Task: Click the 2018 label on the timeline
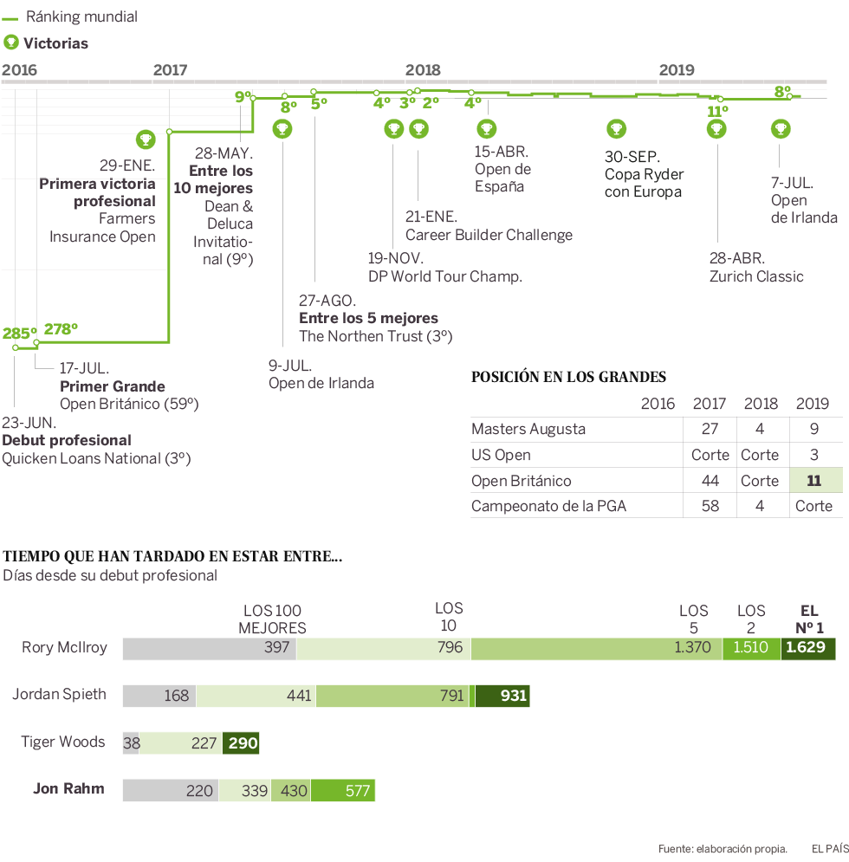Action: click(423, 70)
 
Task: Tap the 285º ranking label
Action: click(19, 333)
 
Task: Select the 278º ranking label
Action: click(61, 328)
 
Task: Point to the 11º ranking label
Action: click(716, 112)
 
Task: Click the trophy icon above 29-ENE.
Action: click(146, 138)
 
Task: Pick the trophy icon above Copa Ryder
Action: click(616, 129)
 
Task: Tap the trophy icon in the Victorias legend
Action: click(11, 42)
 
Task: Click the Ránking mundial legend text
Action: click(82, 16)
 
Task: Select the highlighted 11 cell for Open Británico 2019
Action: click(815, 481)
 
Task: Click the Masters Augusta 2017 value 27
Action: click(710, 429)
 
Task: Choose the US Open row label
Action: click(501, 455)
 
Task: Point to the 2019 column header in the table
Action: click(812, 403)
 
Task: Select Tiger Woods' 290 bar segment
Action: click(241, 742)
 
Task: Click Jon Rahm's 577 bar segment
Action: click(343, 790)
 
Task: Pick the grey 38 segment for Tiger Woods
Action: click(132, 742)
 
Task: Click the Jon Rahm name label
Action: click(68, 788)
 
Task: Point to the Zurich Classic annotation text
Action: click(756, 276)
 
